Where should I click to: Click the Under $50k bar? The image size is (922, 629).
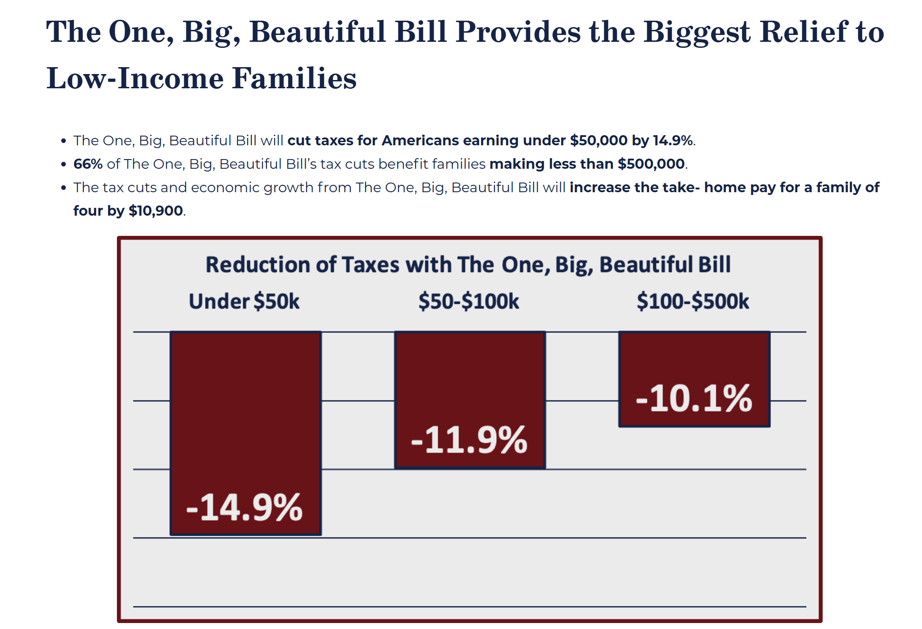[x=245, y=414]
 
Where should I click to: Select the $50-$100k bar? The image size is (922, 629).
[x=470, y=377]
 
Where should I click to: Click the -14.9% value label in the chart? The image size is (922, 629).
[x=244, y=508]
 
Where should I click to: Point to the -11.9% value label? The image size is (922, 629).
[x=469, y=440]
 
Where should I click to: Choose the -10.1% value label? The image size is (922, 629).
[x=694, y=398]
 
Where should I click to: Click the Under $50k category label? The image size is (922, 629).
[x=244, y=302]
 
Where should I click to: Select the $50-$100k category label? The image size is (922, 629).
[x=469, y=302]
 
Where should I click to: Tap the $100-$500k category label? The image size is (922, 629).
[x=693, y=302]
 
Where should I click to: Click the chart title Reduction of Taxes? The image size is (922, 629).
[x=468, y=265]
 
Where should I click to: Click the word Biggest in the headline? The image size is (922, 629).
[x=697, y=32]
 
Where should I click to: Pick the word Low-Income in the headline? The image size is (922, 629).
[x=134, y=78]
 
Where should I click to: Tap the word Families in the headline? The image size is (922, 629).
[x=294, y=78]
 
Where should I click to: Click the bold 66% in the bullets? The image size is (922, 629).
[x=88, y=164]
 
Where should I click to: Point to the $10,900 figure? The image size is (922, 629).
[x=156, y=211]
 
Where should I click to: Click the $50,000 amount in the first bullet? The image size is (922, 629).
[x=598, y=141]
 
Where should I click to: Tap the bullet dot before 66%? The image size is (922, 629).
[x=64, y=165]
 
